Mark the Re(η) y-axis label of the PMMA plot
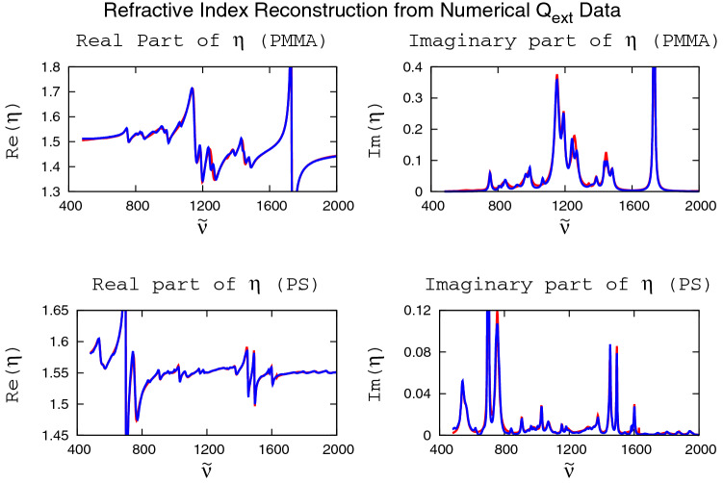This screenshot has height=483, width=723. click(14, 129)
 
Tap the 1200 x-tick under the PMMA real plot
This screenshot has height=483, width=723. click(203, 206)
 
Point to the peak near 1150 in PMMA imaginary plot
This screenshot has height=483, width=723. click(556, 76)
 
